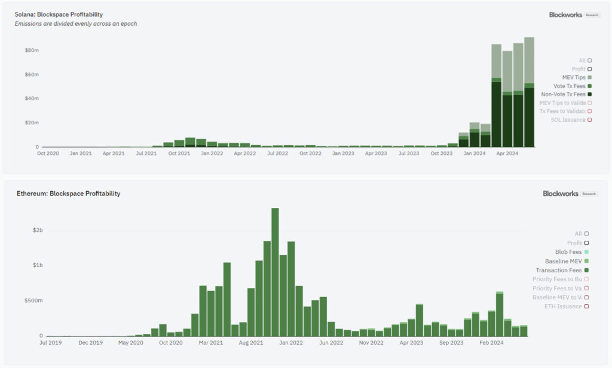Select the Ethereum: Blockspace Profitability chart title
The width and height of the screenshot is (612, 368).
(x=68, y=194)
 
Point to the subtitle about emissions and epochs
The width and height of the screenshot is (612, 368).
(x=76, y=23)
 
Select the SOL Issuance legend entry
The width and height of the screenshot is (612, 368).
(x=568, y=120)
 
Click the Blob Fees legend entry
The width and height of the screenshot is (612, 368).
(x=568, y=252)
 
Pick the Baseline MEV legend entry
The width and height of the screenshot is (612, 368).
(x=564, y=261)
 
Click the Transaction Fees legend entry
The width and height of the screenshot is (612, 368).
(x=559, y=270)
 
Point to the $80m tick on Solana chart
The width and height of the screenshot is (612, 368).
(x=32, y=50)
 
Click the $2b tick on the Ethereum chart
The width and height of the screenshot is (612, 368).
(x=38, y=230)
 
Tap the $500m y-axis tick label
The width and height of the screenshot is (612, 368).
(x=34, y=300)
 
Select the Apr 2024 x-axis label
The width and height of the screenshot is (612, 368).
(x=508, y=153)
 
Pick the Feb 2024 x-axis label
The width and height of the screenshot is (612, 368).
(x=492, y=343)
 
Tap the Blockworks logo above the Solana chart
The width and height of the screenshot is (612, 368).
(x=565, y=14)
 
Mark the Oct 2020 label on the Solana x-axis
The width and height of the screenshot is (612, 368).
(x=48, y=153)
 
